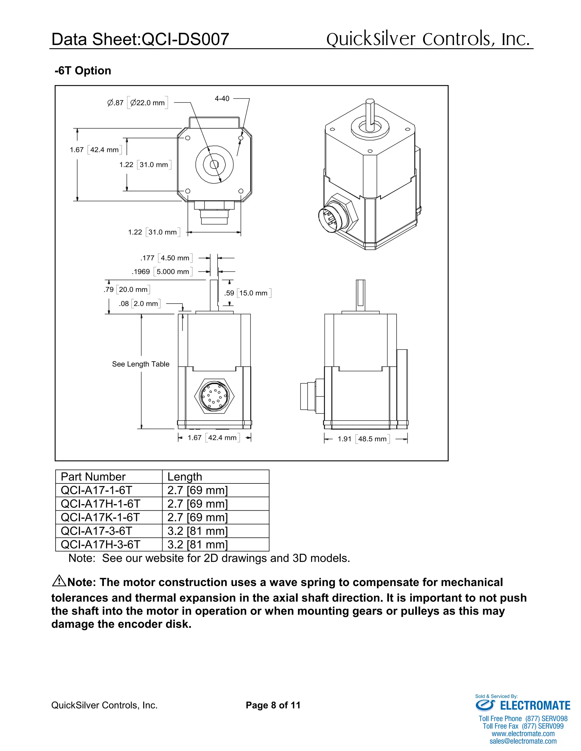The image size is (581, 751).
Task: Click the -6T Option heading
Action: tap(83, 71)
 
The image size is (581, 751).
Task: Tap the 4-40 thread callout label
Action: tap(222, 99)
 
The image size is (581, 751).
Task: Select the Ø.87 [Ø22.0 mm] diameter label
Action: tap(137, 103)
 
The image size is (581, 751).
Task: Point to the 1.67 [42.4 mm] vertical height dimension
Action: tap(95, 150)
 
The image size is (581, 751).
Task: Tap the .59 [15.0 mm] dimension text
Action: tap(247, 293)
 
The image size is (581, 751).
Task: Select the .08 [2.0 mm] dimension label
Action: tap(139, 304)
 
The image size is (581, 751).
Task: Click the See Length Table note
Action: tap(140, 364)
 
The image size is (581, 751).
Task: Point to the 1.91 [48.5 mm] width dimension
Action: tap(363, 439)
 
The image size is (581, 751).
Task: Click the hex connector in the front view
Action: tap(214, 396)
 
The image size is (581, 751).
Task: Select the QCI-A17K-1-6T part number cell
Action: tap(100, 517)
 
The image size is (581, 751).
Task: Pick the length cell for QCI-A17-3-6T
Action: tap(197, 531)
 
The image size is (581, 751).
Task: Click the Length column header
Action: tap(185, 477)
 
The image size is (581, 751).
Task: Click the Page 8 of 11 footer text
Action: tap(273, 705)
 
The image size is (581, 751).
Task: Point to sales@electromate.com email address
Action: tap(523, 741)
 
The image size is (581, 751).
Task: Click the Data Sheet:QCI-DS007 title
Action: tap(140, 39)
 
